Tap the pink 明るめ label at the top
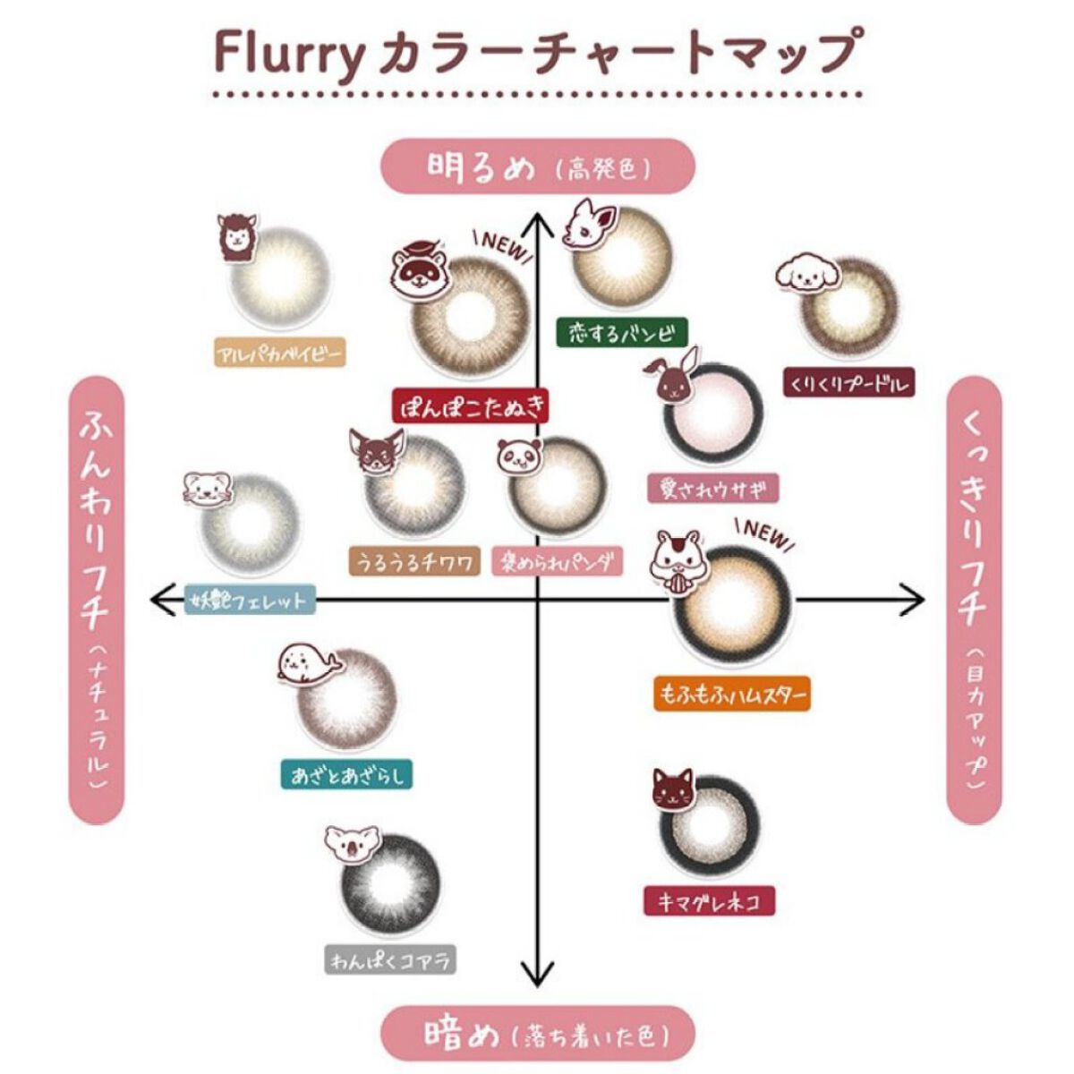[538, 166]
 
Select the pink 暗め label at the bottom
[538, 1034]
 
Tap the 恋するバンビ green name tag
[621, 333]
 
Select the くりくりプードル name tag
[848, 384]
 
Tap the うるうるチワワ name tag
[413, 561]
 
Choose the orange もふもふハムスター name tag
[732, 694]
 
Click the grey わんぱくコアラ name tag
[390, 960]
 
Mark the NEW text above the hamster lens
[763, 533]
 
